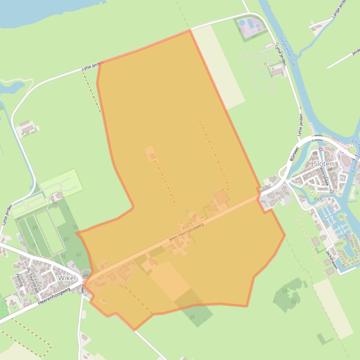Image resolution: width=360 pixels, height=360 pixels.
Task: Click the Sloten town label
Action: tap(323, 164)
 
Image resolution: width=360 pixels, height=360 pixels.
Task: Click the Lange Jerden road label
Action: tap(338, 10)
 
